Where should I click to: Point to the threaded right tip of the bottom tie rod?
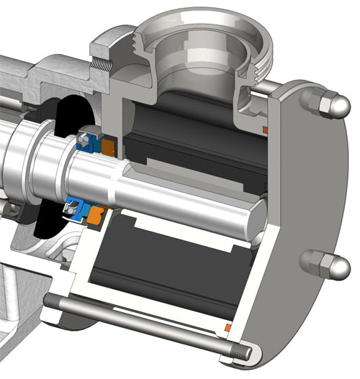pyautogui.click(x=243, y=352)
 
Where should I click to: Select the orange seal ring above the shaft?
pyautogui.click(x=108, y=146)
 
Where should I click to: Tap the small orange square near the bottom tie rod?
pyautogui.click(x=228, y=328)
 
